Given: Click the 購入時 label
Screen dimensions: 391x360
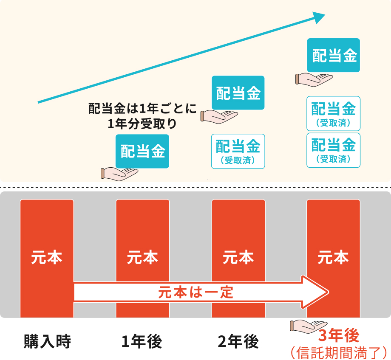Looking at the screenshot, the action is (47, 341).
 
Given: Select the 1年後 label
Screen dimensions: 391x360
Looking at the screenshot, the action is (142, 341).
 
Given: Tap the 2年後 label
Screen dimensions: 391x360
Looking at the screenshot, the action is (238, 341).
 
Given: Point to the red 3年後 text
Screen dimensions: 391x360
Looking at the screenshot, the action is (339, 335).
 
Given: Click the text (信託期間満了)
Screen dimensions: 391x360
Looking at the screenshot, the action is (339, 353).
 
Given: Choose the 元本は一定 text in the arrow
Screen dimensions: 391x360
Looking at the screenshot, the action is (195, 292).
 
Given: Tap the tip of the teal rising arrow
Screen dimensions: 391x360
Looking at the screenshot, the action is (325, 14).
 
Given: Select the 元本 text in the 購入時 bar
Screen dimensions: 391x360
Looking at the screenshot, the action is (47, 257).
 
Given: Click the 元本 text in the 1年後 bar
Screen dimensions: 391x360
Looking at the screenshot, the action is (142, 257).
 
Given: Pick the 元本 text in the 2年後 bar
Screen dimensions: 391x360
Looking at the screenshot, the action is (238, 257).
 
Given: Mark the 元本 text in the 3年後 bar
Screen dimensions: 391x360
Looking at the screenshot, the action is (333, 257).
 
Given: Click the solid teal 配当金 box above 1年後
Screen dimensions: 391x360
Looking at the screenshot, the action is (142, 151).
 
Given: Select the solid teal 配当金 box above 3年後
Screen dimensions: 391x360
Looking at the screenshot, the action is (333, 55).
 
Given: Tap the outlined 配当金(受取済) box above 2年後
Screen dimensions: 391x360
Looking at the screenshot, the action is (238, 151).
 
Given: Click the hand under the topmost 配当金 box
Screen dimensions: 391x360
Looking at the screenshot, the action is (314, 80).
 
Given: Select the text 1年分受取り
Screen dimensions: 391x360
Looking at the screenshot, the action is (142, 124).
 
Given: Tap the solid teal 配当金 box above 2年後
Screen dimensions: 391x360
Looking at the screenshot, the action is (238, 93).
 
